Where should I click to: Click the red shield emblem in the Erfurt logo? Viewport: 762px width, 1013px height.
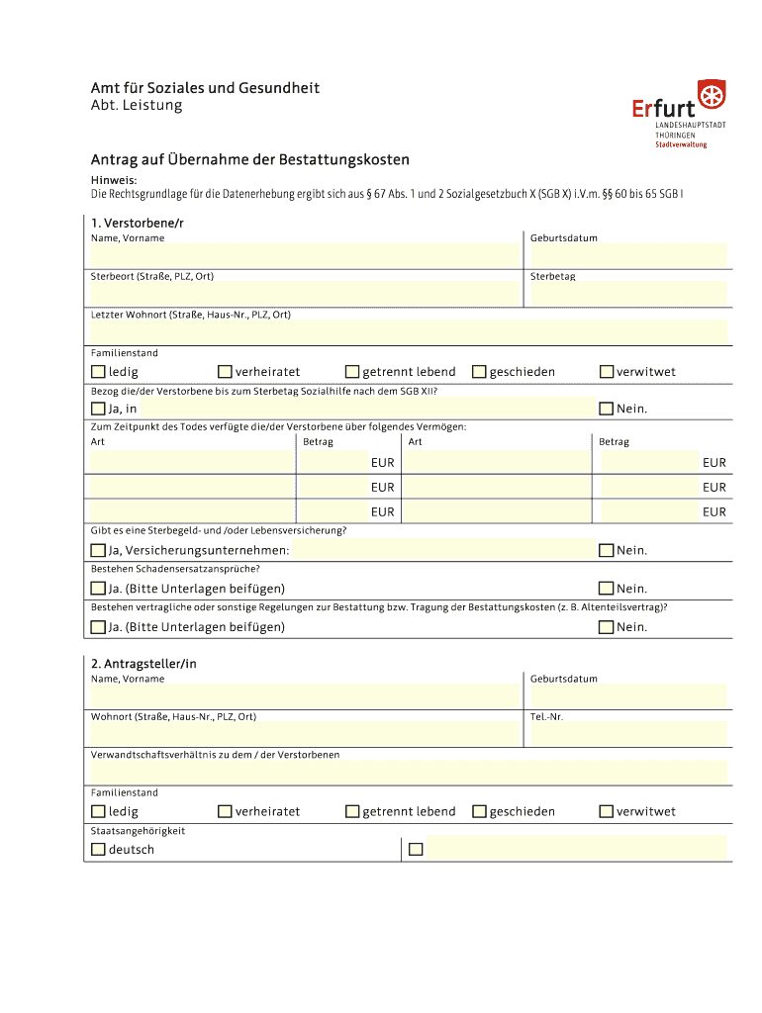(711, 97)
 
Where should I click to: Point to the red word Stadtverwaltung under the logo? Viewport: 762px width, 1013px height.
(681, 144)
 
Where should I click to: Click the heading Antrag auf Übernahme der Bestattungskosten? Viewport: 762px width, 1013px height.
(250, 159)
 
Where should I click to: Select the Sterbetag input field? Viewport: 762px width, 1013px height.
(628, 293)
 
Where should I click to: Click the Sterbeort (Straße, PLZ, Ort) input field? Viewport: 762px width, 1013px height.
(304, 293)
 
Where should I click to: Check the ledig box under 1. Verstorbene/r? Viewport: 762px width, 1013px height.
(98, 372)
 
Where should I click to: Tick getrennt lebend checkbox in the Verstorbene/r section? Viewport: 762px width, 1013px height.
(352, 372)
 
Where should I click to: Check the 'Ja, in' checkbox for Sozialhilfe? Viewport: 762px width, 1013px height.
(98, 409)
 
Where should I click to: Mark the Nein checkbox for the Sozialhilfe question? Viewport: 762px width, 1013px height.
(607, 409)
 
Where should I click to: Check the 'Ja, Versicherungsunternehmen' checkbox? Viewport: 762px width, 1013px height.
(98, 550)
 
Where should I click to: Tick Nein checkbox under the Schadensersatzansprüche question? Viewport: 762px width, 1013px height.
(607, 589)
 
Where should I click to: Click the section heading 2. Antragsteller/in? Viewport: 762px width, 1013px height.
(143, 664)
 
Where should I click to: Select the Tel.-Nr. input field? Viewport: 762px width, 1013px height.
(628, 733)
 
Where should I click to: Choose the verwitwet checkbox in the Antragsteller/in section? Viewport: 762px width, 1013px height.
(607, 811)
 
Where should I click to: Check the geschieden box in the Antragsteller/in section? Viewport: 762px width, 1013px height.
(480, 811)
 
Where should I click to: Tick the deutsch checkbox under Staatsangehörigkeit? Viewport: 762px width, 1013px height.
(98, 849)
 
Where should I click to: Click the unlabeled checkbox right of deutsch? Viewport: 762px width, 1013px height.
(416, 849)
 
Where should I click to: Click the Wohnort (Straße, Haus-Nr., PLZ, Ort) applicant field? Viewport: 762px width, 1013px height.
(304, 733)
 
